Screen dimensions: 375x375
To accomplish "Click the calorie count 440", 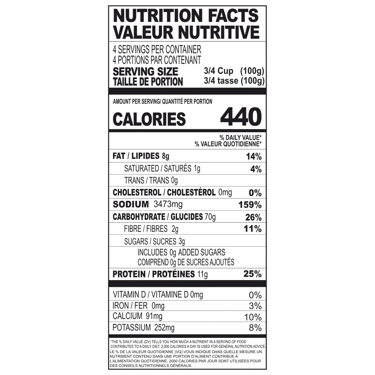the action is (x=241, y=117).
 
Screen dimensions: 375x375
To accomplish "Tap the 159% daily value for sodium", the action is (x=250, y=205).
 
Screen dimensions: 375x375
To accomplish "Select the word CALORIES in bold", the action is (x=149, y=119).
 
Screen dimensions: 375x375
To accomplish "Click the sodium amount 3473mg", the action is (x=168, y=204).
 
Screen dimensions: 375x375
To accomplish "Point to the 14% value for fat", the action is (x=254, y=157).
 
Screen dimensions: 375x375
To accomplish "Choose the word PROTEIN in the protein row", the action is (x=129, y=274).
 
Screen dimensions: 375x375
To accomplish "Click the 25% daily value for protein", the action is (x=252, y=274).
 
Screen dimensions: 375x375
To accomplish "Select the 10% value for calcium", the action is (x=253, y=317).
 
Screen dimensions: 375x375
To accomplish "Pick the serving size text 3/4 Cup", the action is (x=218, y=71).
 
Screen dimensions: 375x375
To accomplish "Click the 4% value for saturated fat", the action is (x=256, y=169).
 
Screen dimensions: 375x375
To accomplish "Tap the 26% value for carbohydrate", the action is (x=253, y=217).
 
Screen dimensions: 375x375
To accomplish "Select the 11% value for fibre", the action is (x=252, y=229).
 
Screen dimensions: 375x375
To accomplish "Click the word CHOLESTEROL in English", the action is (x=137, y=192).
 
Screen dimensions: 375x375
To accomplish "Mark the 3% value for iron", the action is (x=255, y=306).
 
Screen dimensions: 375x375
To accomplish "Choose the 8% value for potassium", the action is (x=255, y=328).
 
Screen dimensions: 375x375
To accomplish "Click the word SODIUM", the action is (x=130, y=204).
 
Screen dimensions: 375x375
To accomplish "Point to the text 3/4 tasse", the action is (x=221, y=81).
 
